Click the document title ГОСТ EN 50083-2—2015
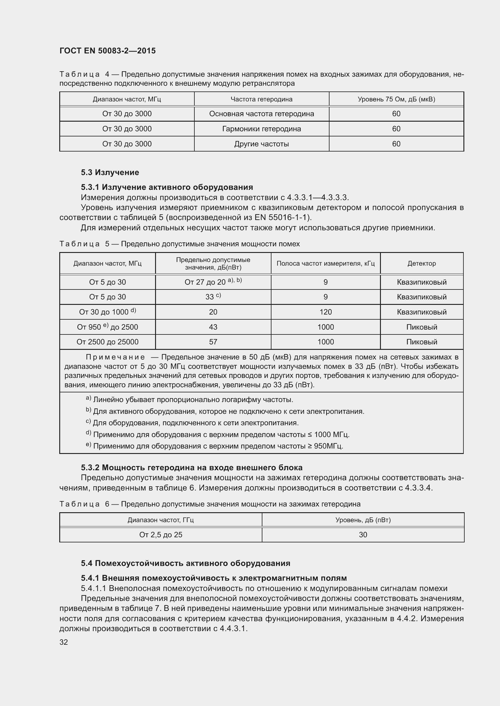coord(107,51)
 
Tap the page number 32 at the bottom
coord(64,642)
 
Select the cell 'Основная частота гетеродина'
coord(261,114)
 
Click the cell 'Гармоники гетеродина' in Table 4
coord(261,129)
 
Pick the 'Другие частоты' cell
coord(261,144)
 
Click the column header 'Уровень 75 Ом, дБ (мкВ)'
coord(396,99)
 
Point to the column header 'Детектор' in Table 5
coord(421,264)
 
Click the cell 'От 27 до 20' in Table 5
coord(213,282)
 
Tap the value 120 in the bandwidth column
coord(326,312)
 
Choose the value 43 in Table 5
coord(213,327)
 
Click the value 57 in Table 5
coord(213,342)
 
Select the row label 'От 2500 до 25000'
coord(107,342)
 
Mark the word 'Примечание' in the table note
coord(115,357)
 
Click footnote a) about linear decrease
coord(189,400)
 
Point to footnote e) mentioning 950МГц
coord(215,446)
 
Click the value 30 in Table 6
coord(363,535)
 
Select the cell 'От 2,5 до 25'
coord(161,535)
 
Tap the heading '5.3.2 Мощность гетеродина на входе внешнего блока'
coord(191,468)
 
